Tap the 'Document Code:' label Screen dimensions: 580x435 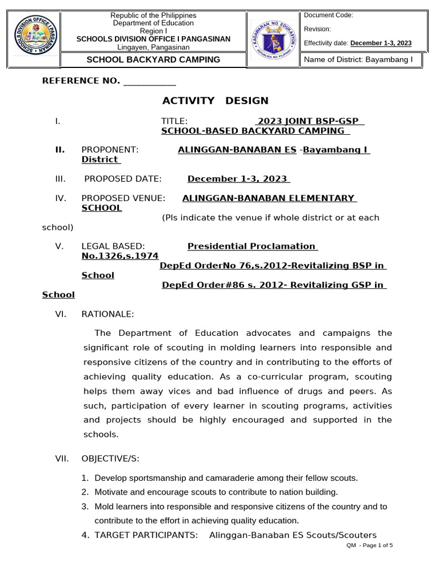coord(329,15)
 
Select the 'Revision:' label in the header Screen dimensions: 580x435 coord(318,29)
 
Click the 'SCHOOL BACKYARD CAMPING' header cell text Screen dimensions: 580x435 coord(153,59)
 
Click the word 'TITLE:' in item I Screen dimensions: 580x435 coord(174,121)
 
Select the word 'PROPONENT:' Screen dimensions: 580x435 coord(110,150)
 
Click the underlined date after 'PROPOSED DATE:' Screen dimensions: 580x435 coord(238,179)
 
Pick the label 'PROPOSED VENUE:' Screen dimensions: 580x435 coord(123,198)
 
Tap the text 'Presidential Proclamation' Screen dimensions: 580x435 coord(251,246)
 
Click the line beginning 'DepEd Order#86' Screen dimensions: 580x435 coord(273,285)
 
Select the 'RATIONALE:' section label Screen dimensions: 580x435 coord(108,314)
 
